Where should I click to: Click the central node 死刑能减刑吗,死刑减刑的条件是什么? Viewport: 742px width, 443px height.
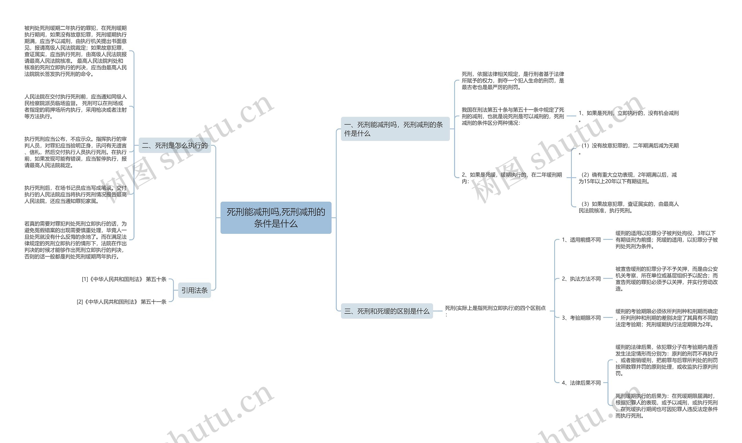[x=276, y=218]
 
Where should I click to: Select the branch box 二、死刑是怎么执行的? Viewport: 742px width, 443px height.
[x=175, y=146]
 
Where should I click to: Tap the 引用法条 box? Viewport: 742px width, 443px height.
[x=194, y=290]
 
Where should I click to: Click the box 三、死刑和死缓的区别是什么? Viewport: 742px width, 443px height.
[x=387, y=311]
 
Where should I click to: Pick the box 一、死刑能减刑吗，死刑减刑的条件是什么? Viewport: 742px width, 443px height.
[x=395, y=129]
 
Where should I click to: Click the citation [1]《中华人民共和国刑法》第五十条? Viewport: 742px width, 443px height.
[x=124, y=279]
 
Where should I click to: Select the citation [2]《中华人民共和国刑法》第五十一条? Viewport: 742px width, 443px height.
[x=121, y=302]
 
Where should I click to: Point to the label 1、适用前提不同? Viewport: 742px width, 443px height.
[x=581, y=240]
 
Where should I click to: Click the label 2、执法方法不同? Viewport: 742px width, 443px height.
[x=581, y=279]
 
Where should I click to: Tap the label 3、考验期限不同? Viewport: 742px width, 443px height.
[x=581, y=318]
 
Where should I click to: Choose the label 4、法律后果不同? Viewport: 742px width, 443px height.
[x=581, y=383]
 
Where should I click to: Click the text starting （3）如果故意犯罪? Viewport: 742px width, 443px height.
[x=628, y=207]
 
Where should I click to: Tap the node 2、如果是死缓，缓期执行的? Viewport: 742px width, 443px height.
[x=512, y=178]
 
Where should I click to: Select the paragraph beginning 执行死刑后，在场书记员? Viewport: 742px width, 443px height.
[x=76, y=194]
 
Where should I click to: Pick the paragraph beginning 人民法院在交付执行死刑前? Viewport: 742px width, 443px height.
[x=76, y=107]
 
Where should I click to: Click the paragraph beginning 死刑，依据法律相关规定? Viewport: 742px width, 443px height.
[x=513, y=81]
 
